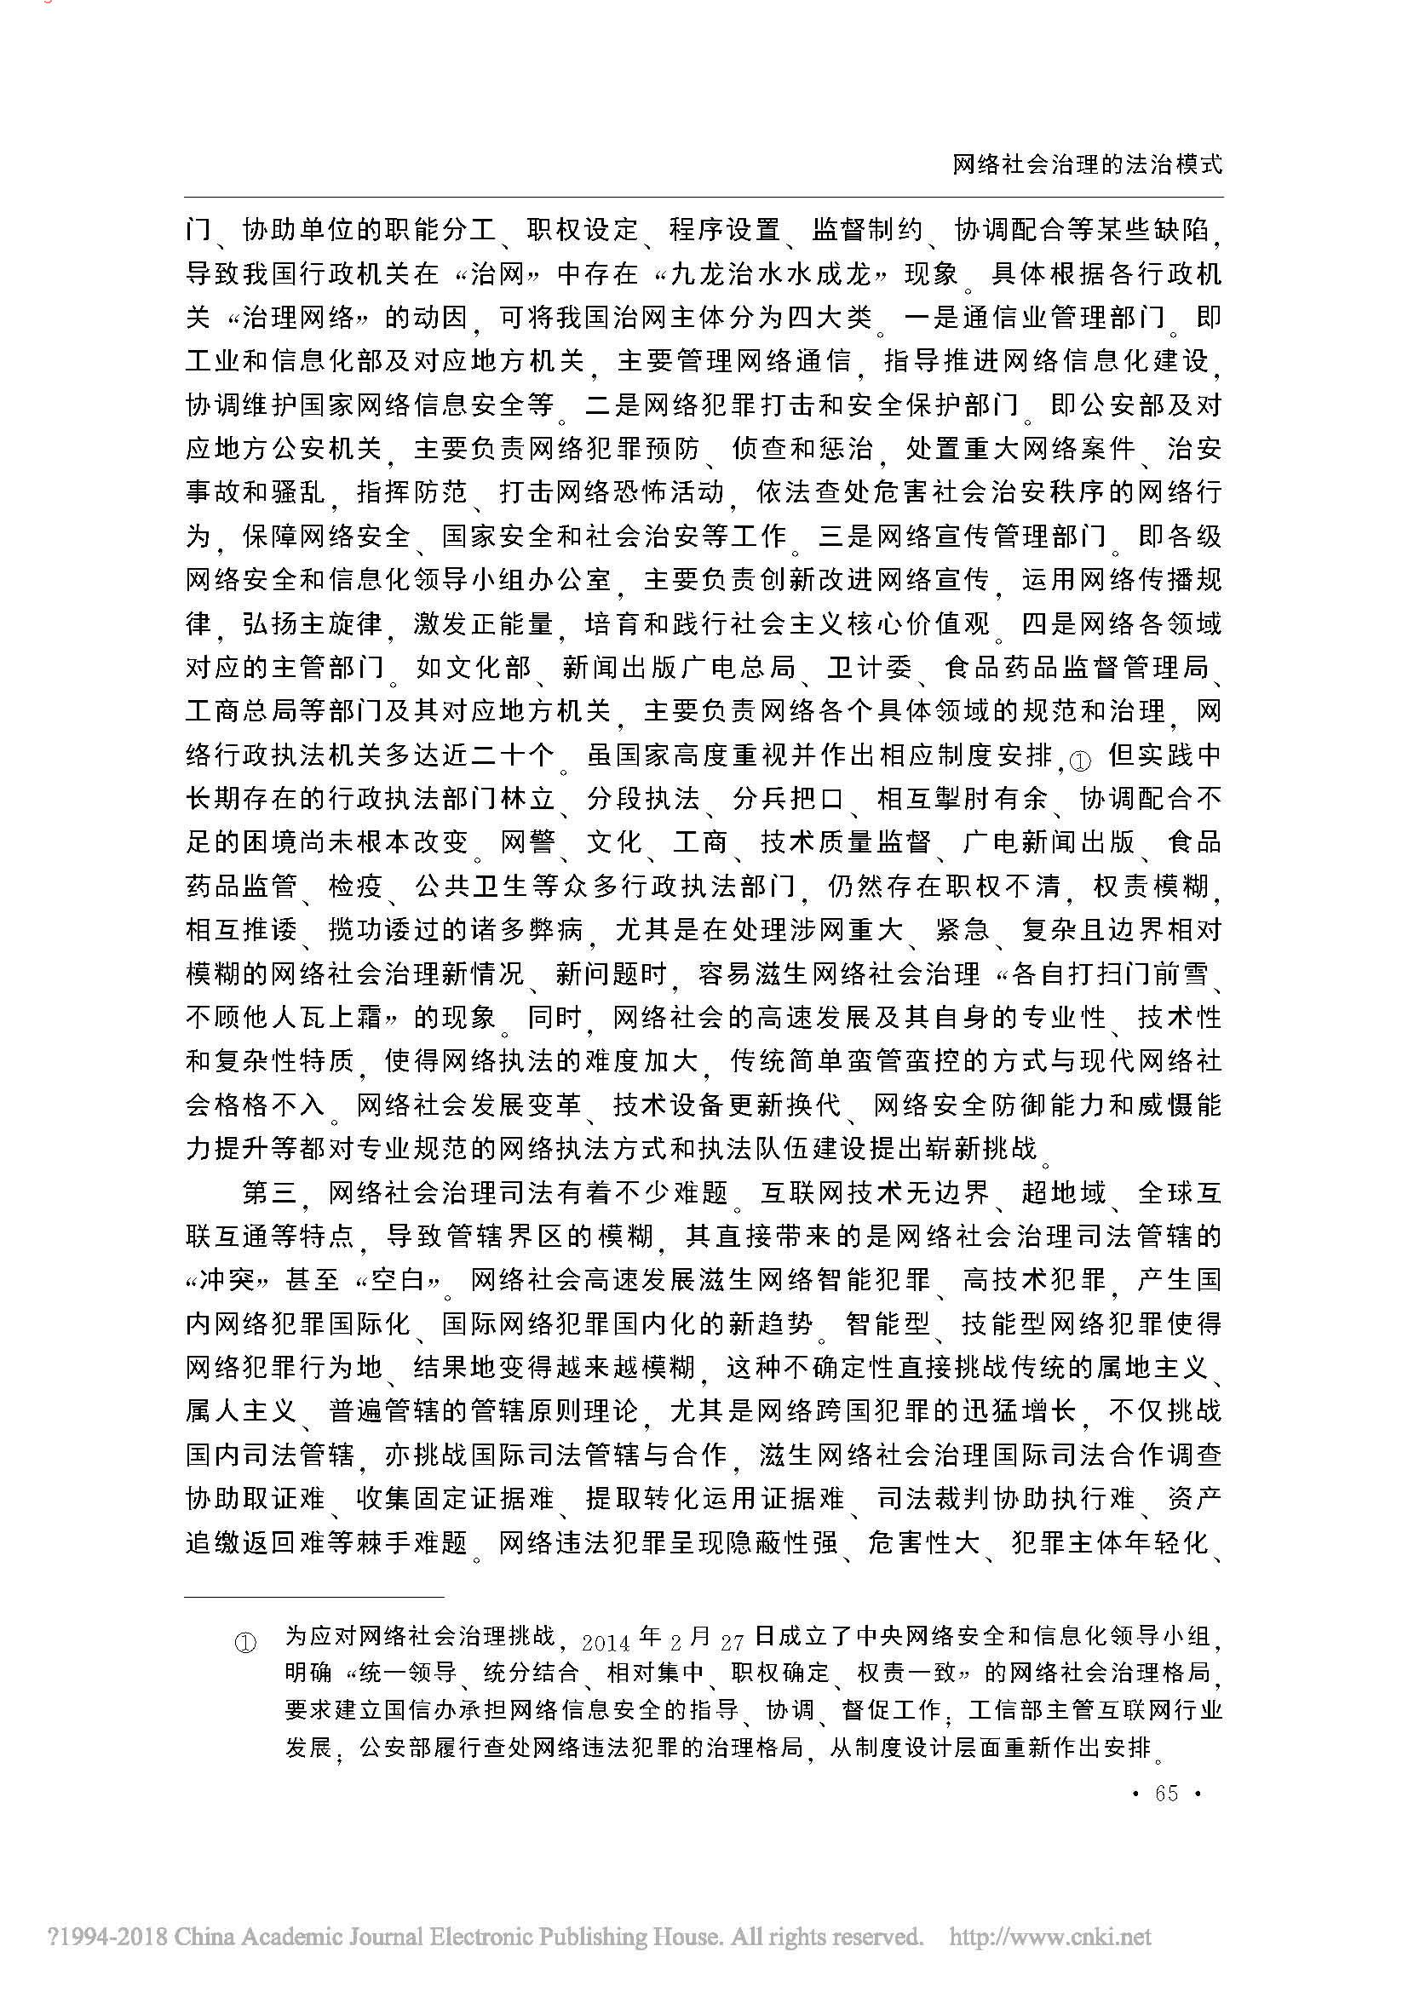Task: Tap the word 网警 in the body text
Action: point(526,842)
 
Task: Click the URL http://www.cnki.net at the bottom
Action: point(1050,1937)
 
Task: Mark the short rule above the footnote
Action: point(314,1596)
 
